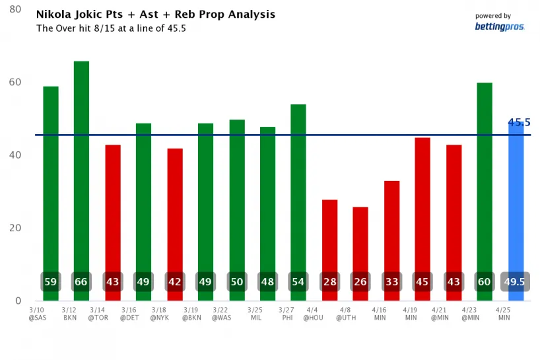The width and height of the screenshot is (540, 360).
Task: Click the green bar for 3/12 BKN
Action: [81, 165]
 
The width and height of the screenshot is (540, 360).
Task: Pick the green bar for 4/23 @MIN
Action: [485, 178]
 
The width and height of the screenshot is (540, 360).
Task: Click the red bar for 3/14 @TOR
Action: [113, 211]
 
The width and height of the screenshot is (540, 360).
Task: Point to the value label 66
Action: [81, 282]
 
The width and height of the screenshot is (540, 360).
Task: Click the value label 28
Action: [329, 282]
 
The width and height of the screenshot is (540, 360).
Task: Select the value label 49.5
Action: [516, 282]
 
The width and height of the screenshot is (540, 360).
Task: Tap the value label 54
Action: [298, 282]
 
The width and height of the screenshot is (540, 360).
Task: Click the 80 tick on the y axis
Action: [15, 10]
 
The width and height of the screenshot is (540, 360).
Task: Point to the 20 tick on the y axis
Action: [15, 228]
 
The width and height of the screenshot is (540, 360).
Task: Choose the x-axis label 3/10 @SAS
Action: [37, 312]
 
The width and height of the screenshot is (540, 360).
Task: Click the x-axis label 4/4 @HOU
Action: [313, 312]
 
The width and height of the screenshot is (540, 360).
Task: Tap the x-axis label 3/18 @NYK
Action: [159, 312]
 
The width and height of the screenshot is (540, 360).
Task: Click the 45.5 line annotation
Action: [519, 122]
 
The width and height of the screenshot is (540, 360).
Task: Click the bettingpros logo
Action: [499, 26]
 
